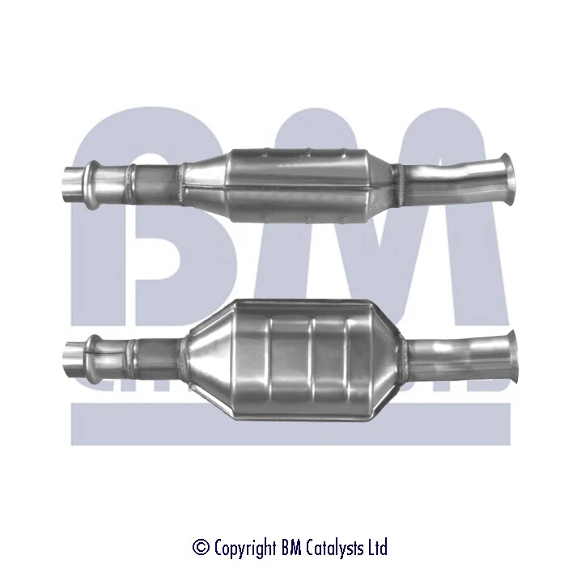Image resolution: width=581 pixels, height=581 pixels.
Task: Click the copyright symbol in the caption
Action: pyautogui.click(x=201, y=548)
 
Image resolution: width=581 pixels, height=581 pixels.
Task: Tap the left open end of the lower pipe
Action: pyautogui.click(x=70, y=354)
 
